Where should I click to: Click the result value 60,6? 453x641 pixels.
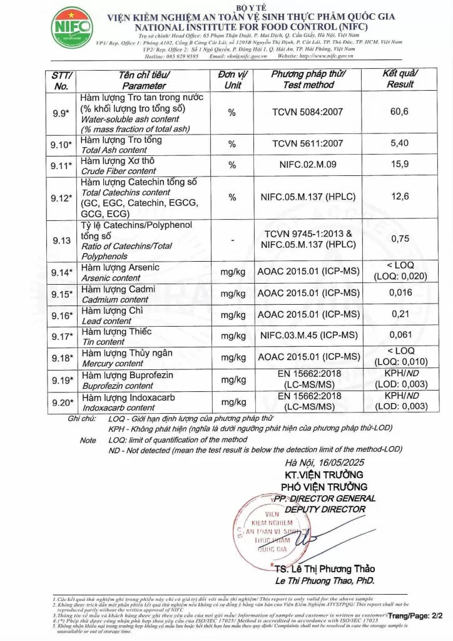click(399, 111)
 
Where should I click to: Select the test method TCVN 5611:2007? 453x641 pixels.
click(307, 143)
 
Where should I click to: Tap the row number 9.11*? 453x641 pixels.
click(62, 165)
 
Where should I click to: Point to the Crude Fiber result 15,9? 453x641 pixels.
click(399, 165)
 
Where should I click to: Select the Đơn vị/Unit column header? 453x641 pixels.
click(233, 79)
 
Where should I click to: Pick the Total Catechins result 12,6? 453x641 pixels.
click(399, 197)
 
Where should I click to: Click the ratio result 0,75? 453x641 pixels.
click(399, 238)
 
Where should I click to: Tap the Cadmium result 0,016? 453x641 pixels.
click(400, 292)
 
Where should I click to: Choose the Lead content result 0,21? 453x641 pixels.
click(399, 314)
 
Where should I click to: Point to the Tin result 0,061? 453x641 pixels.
click(400, 336)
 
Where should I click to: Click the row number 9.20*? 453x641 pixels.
click(62, 402)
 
